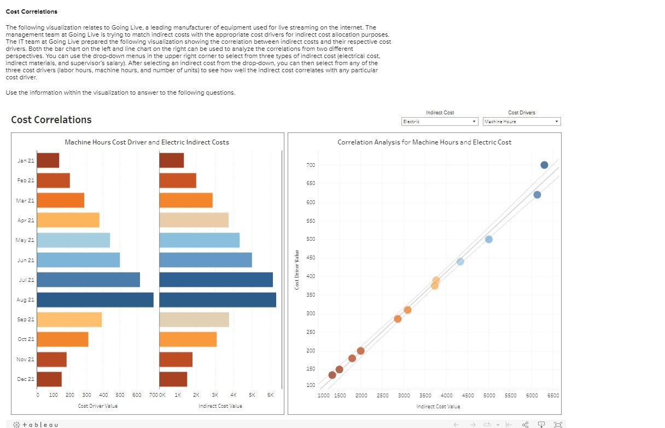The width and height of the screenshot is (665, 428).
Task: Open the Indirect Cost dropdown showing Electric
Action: click(x=440, y=122)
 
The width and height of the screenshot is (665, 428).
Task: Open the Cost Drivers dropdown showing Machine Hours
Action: click(x=522, y=122)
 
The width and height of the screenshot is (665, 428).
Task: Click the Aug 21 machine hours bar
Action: click(x=95, y=300)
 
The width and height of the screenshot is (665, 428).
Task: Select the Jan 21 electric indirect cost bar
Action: click(x=171, y=160)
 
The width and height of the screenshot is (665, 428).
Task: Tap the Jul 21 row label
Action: click(x=26, y=280)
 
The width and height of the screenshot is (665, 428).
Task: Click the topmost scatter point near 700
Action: click(x=544, y=165)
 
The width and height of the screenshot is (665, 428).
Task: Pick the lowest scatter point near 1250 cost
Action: click(x=332, y=375)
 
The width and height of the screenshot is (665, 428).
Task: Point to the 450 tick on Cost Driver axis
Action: click(x=311, y=258)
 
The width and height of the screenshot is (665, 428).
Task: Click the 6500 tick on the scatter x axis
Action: click(x=553, y=395)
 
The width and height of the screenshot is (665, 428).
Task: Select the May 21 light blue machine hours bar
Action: click(x=73, y=240)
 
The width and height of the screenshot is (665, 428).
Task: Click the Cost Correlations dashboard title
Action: click(x=51, y=120)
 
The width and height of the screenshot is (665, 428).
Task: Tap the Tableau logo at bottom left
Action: click(x=35, y=425)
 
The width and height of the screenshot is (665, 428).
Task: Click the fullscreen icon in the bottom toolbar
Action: click(x=558, y=425)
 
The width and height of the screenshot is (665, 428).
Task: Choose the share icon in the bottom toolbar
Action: click(x=526, y=425)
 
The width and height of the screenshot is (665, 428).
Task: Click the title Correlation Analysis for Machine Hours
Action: click(x=424, y=142)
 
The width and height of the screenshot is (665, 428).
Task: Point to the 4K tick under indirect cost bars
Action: click(x=233, y=395)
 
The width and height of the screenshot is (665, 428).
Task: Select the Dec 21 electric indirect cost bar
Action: click(x=173, y=379)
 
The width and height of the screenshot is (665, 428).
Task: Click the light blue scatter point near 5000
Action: click(x=488, y=239)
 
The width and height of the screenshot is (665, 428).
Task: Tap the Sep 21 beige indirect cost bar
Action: click(x=194, y=320)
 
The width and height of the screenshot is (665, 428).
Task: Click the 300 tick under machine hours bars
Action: click(x=86, y=395)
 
